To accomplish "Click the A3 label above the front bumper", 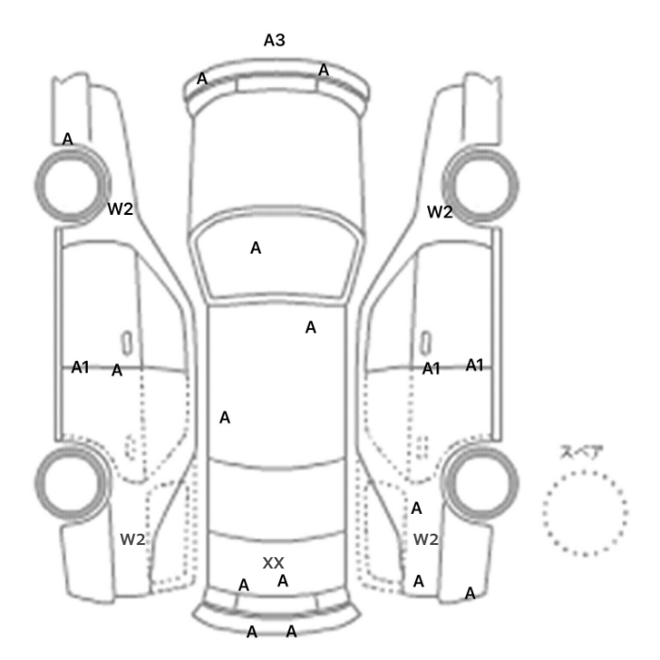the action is (x=274, y=41).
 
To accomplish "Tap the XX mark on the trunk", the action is (x=273, y=563).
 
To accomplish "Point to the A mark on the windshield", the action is (x=256, y=248).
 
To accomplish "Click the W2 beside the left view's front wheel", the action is (x=121, y=208).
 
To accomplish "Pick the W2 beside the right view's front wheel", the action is (x=440, y=212).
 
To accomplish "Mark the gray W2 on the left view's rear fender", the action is (x=133, y=539).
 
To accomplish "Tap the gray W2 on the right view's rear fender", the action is (x=426, y=539).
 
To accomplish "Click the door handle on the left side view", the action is (x=126, y=342).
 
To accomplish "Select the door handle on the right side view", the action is (x=426, y=342).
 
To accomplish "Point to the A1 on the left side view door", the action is (x=80, y=368).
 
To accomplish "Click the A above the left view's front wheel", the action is (x=67, y=139).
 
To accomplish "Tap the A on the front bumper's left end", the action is (x=202, y=78).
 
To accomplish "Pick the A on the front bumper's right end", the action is (x=323, y=70).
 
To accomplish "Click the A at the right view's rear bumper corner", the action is (x=470, y=593).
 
